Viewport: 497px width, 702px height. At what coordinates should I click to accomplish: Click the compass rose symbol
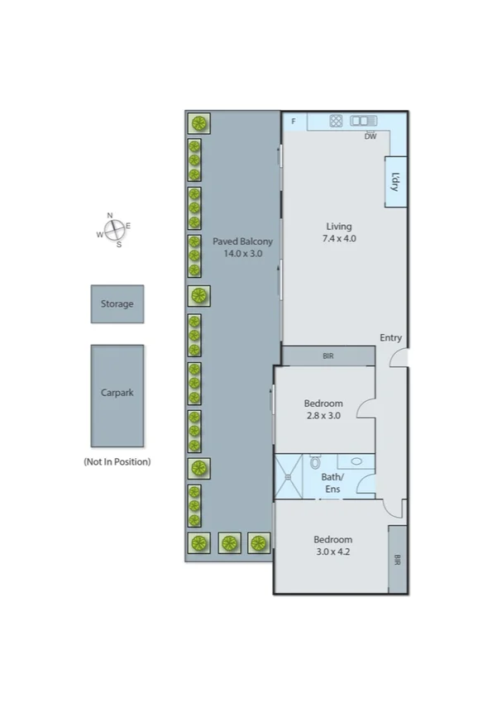pos(113,229)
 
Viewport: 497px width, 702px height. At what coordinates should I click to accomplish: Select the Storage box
pos(117,303)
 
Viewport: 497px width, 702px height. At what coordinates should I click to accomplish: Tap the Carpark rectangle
pos(117,394)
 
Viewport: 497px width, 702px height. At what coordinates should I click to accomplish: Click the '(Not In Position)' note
pos(117,461)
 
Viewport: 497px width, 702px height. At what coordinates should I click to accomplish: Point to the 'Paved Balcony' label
pos(242,241)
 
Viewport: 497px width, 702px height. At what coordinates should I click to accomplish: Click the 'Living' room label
pos(338,226)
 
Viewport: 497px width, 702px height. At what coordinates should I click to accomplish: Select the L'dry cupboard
pos(395,182)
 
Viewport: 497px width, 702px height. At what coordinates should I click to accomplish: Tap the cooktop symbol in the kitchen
pos(336,121)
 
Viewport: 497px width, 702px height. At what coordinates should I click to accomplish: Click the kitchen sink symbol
pos(363,121)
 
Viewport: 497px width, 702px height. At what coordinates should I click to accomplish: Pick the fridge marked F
pos(294,122)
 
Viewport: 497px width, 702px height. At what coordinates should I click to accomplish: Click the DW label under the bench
pos(370,136)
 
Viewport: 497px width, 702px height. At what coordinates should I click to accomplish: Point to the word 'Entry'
pos(390,337)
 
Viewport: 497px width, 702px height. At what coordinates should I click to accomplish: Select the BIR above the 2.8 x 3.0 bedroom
pos(328,356)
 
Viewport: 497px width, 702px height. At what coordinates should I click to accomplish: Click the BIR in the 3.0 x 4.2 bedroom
pos(397,560)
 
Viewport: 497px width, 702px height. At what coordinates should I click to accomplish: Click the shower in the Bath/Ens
pos(289,476)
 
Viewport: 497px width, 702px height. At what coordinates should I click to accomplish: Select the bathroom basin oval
pos(356,462)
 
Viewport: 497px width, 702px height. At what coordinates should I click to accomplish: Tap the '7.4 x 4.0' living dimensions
pos(338,238)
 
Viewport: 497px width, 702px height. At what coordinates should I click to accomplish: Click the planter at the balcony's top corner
pos(198,124)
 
